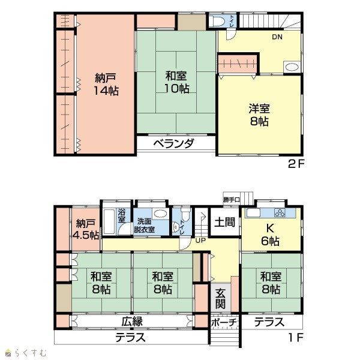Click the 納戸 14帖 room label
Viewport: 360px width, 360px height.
click(106, 84)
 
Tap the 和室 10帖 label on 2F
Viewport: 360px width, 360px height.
click(176, 82)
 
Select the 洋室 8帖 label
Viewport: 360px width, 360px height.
click(259, 115)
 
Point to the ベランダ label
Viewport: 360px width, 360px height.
click(174, 144)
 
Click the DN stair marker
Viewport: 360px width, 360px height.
click(277, 37)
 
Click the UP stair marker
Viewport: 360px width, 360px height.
click(200, 241)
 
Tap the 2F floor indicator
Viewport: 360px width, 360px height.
click(296, 164)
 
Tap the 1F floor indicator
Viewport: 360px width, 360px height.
click(296, 337)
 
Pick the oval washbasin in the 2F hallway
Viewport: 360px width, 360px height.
click(292, 67)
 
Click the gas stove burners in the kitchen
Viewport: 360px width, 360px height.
click(280, 213)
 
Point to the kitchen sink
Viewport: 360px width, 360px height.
click(253, 213)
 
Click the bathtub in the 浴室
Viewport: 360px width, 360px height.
click(109, 221)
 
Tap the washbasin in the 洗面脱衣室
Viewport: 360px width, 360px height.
click(160, 214)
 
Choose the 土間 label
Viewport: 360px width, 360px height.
click(225, 222)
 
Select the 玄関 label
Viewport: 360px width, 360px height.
click(220, 298)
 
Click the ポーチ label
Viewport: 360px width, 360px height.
click(224, 322)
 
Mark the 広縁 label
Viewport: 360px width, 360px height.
click(132, 321)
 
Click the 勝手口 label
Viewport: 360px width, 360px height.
click(232, 200)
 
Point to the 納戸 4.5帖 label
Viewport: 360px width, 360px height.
click(86, 229)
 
